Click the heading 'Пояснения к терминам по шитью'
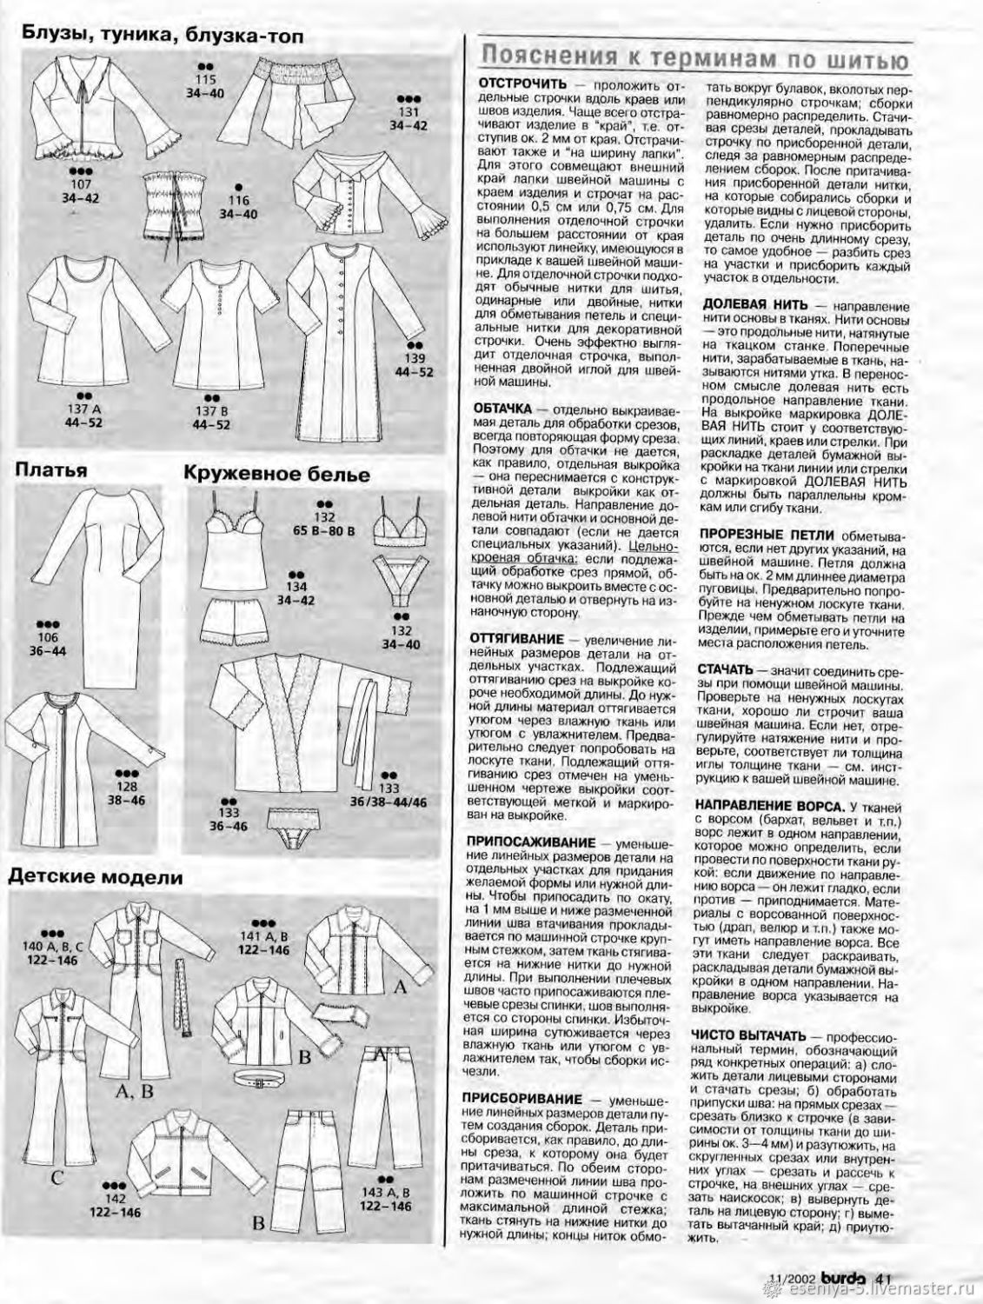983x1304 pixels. [x=694, y=59]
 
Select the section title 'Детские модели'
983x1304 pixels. [x=96, y=877]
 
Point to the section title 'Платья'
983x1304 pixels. [x=50, y=470]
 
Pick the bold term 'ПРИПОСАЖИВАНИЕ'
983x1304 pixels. [x=531, y=842]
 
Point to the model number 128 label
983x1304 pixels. [x=128, y=787]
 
